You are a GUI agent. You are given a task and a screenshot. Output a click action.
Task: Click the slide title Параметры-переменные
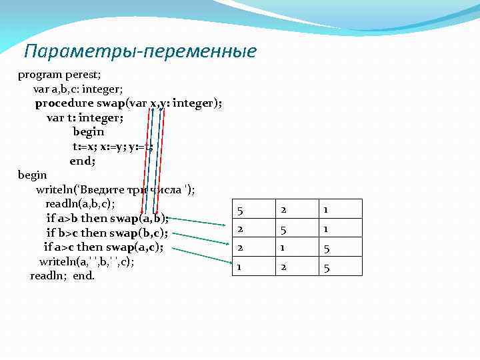click(x=139, y=51)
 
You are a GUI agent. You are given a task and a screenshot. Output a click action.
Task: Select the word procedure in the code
click(x=64, y=103)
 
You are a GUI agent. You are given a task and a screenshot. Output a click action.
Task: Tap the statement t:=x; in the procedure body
click(x=85, y=146)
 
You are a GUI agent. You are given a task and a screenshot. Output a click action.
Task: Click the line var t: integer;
click(x=85, y=118)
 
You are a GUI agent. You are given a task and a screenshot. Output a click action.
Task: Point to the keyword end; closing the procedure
click(x=83, y=161)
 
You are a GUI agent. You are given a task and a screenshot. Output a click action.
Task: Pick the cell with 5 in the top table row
click(x=239, y=210)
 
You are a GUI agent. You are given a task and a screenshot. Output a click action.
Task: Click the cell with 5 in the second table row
click(x=283, y=229)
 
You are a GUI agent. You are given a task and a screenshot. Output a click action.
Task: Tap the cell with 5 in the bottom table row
click(x=327, y=267)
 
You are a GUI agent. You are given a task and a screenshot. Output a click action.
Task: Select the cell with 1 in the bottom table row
click(x=239, y=267)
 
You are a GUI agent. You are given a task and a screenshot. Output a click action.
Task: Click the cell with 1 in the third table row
click(x=283, y=248)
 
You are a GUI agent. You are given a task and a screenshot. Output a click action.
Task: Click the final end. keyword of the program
click(x=84, y=275)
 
